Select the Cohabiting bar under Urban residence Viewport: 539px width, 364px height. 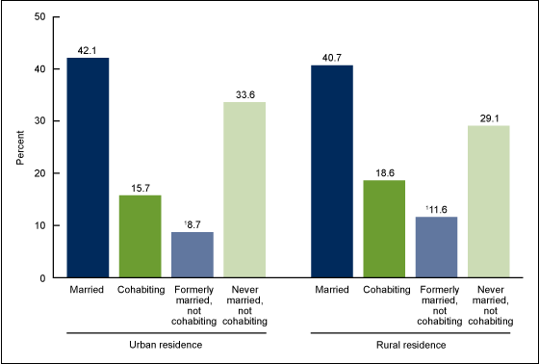[x=141, y=236]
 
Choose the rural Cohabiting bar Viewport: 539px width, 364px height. [x=384, y=229]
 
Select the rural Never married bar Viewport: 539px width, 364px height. [x=488, y=201]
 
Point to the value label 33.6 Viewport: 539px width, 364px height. [x=244, y=93]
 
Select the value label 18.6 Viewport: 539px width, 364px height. [x=384, y=171]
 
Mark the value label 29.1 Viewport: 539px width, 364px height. [x=488, y=117]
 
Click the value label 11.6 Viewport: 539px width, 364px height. [x=437, y=208]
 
